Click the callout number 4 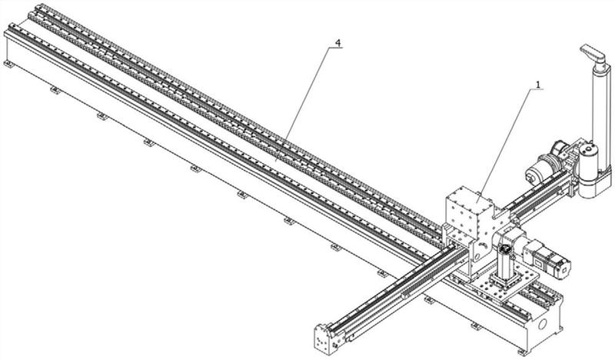[337, 42]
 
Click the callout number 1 [538, 85]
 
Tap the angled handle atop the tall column [593, 53]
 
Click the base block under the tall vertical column [595, 182]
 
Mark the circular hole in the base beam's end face [543, 325]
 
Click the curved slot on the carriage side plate [484, 245]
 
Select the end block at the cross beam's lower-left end [325, 339]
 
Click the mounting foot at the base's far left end [8, 64]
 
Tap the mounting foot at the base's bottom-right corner [522, 352]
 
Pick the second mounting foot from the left [55, 90]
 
